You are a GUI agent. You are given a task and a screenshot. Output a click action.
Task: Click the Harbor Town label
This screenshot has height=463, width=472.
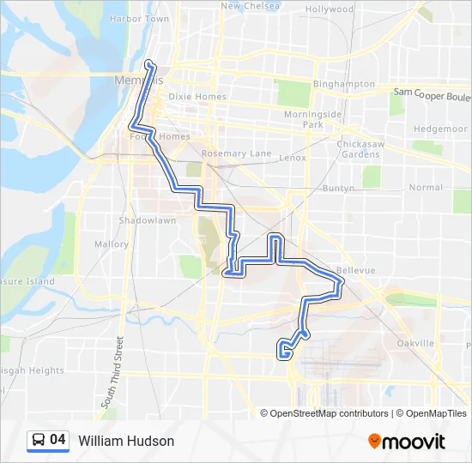point(139,18)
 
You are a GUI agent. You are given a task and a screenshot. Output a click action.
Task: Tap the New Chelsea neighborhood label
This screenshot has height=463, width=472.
point(251,6)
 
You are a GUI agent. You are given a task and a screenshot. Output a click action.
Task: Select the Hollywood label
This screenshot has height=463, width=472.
point(330,9)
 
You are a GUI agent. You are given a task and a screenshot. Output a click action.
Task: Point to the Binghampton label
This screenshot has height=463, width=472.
point(343,84)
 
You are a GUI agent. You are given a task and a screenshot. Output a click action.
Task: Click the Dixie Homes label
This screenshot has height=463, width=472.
point(197,97)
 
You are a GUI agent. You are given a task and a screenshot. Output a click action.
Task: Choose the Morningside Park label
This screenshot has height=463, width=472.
point(313,119)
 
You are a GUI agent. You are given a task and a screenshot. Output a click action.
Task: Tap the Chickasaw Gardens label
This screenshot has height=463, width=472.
point(359,148)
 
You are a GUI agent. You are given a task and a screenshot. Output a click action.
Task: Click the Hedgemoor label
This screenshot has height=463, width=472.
point(440,128)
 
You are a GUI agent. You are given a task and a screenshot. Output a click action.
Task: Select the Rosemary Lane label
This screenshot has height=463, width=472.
point(236,154)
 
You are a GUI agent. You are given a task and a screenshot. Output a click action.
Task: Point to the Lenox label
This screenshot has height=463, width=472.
point(293,158)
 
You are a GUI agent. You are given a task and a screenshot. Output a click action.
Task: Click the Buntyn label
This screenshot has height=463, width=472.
point(339,188)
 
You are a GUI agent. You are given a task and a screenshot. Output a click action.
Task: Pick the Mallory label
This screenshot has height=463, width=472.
point(111,244)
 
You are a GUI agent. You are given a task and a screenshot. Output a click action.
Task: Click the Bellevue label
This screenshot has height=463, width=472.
point(355,270)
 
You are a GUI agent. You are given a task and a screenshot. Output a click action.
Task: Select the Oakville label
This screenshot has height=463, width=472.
point(417,344)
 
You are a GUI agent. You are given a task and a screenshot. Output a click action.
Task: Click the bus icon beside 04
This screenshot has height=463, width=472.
point(39,441)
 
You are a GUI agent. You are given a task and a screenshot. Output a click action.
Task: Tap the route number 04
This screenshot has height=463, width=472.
point(57,441)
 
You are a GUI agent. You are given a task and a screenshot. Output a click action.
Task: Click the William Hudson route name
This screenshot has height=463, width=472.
point(126,442)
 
